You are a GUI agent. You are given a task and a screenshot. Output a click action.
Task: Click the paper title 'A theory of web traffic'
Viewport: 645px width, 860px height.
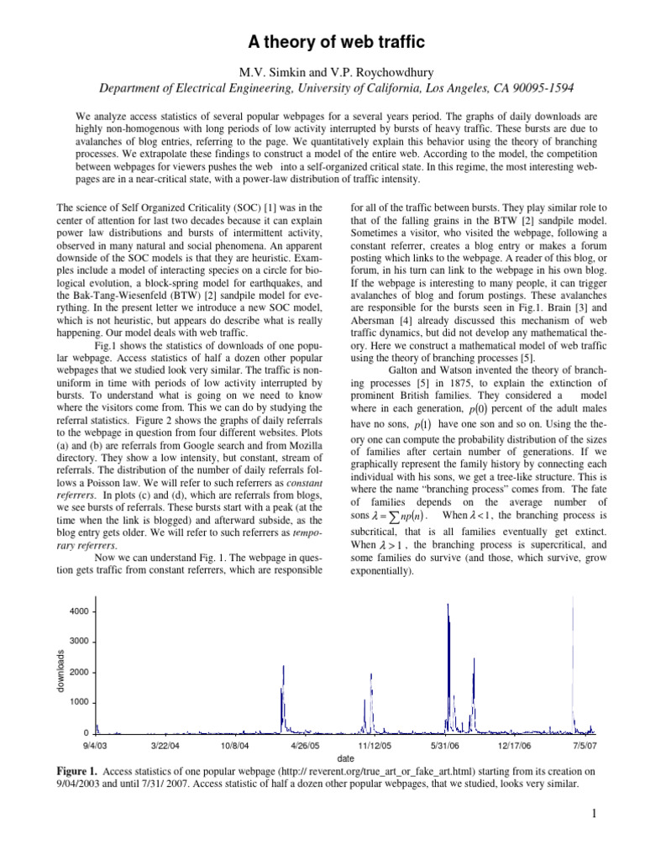pos(322,41)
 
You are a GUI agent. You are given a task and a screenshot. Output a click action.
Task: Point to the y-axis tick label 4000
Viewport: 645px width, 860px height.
pos(77,611)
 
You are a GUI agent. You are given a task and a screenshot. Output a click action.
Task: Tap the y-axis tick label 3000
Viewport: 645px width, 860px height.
pos(77,642)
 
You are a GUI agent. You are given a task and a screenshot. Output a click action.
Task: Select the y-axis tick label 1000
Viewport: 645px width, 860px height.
pos(77,702)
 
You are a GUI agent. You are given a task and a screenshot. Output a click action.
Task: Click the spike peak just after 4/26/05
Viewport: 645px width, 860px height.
pos(283,666)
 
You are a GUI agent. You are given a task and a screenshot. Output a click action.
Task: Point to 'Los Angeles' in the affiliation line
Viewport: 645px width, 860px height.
pos(438,87)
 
